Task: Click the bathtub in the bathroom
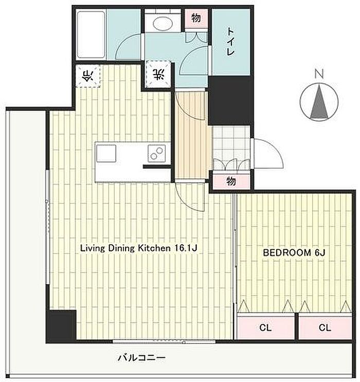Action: point(91,34)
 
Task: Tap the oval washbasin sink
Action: point(163,23)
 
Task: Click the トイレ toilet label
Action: point(230,42)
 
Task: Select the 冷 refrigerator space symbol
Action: point(88,76)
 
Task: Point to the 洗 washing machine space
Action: point(158,75)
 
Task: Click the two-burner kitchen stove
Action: point(157,154)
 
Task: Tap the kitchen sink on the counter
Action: point(106,154)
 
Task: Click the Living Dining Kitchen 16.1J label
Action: point(138,248)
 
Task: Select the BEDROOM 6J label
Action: point(294,252)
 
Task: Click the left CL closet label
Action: point(265,328)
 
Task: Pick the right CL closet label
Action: point(325,328)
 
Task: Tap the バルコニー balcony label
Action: point(141,358)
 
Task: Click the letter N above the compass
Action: point(319,74)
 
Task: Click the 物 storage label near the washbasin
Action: point(196,18)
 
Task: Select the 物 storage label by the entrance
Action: point(231,181)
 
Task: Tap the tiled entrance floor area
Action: point(231,148)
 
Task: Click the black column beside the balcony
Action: point(61,325)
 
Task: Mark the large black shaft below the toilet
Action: point(230,101)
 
